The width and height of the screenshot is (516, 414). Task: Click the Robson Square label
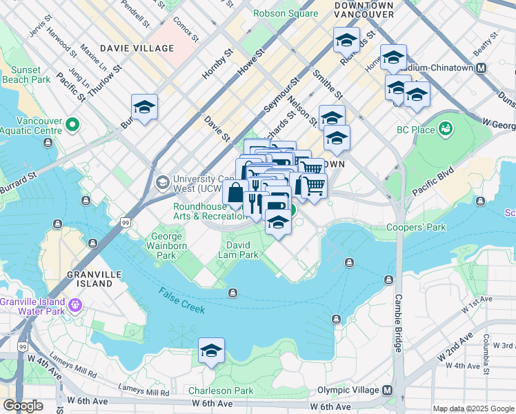[x=286, y=13]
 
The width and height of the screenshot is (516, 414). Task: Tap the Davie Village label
[x=137, y=48]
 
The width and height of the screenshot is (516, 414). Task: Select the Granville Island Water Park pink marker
[x=75, y=304]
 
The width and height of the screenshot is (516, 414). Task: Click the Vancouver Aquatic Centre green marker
[x=73, y=126]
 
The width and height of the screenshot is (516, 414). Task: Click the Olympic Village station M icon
[x=388, y=391]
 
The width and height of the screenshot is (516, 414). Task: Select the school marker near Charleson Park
[x=212, y=351]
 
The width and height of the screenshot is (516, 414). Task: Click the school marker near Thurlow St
[x=144, y=107]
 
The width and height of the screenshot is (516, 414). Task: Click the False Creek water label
[x=182, y=302]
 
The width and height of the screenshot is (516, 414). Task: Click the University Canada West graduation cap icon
[x=162, y=183]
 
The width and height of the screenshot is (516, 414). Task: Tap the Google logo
[x=23, y=406]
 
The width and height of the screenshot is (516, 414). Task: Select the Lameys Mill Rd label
[x=143, y=392]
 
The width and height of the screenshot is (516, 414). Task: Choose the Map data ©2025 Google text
[x=473, y=408]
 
